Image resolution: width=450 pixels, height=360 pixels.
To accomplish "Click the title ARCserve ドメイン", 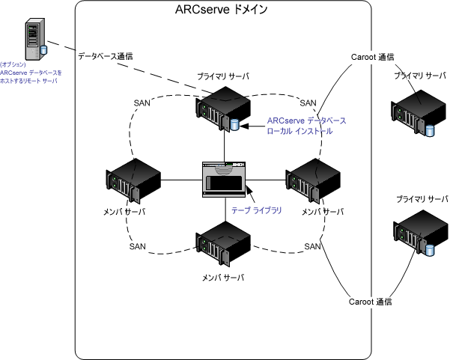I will tap(225, 10).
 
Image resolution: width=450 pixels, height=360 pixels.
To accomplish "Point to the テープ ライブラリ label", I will tap(257, 211).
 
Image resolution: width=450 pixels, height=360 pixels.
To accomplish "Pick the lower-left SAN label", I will tap(138, 246).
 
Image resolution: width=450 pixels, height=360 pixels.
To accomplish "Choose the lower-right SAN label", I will tap(313, 246).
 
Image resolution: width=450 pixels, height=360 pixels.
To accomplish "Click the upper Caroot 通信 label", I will tap(372, 57).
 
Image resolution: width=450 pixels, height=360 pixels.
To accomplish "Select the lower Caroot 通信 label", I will tap(371, 302).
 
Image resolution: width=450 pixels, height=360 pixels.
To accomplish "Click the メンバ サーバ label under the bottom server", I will tap(224, 277).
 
